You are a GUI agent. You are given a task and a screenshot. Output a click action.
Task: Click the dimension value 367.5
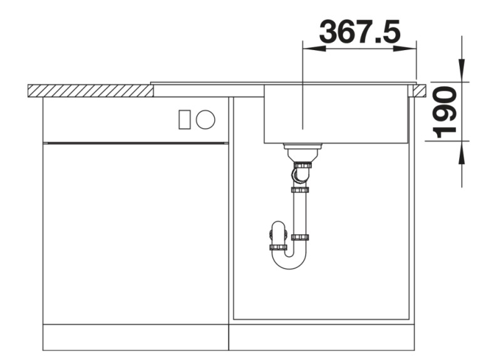click(359, 31)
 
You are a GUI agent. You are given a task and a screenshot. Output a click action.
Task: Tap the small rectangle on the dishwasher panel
click(185, 119)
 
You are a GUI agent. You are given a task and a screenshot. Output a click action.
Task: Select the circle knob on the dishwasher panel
click(205, 119)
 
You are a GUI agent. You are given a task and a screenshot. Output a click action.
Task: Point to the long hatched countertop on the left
click(90, 91)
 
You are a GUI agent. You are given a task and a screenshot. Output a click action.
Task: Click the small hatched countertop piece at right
click(418, 91)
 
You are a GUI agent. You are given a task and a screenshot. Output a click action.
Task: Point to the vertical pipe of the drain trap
click(300, 213)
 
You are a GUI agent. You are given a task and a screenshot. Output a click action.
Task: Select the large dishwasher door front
click(135, 232)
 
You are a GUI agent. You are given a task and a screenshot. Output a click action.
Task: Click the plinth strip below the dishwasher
click(135, 337)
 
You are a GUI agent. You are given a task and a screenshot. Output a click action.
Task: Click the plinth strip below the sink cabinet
click(322, 337)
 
